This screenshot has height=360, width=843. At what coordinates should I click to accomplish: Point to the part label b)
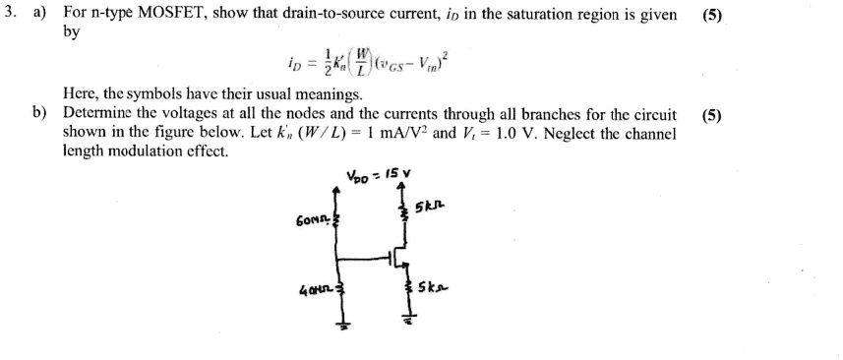pyautogui.click(x=40, y=114)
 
